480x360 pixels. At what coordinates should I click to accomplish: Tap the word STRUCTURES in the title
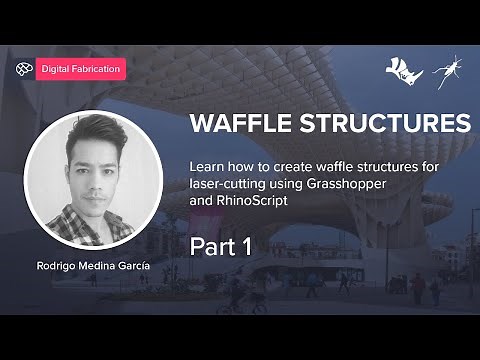point(379,124)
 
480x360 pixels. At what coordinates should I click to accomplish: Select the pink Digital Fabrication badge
point(81,70)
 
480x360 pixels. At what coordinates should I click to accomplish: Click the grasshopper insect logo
point(446,69)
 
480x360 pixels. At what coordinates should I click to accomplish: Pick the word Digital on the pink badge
point(56,70)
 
